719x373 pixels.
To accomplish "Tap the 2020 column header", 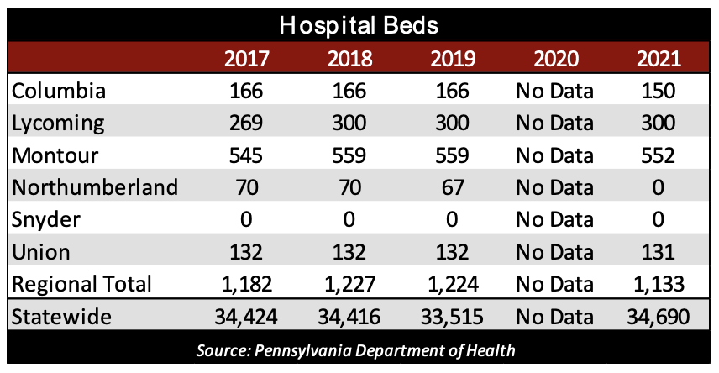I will [x=555, y=60].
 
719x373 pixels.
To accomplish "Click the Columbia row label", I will [x=60, y=91].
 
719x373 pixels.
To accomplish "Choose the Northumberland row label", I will [x=95, y=187].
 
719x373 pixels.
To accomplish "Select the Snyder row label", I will [x=48, y=220].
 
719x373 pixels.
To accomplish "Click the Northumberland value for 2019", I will [x=453, y=187].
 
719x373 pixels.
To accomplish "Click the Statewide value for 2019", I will [x=453, y=317].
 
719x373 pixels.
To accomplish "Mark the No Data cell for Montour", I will [x=555, y=155].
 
